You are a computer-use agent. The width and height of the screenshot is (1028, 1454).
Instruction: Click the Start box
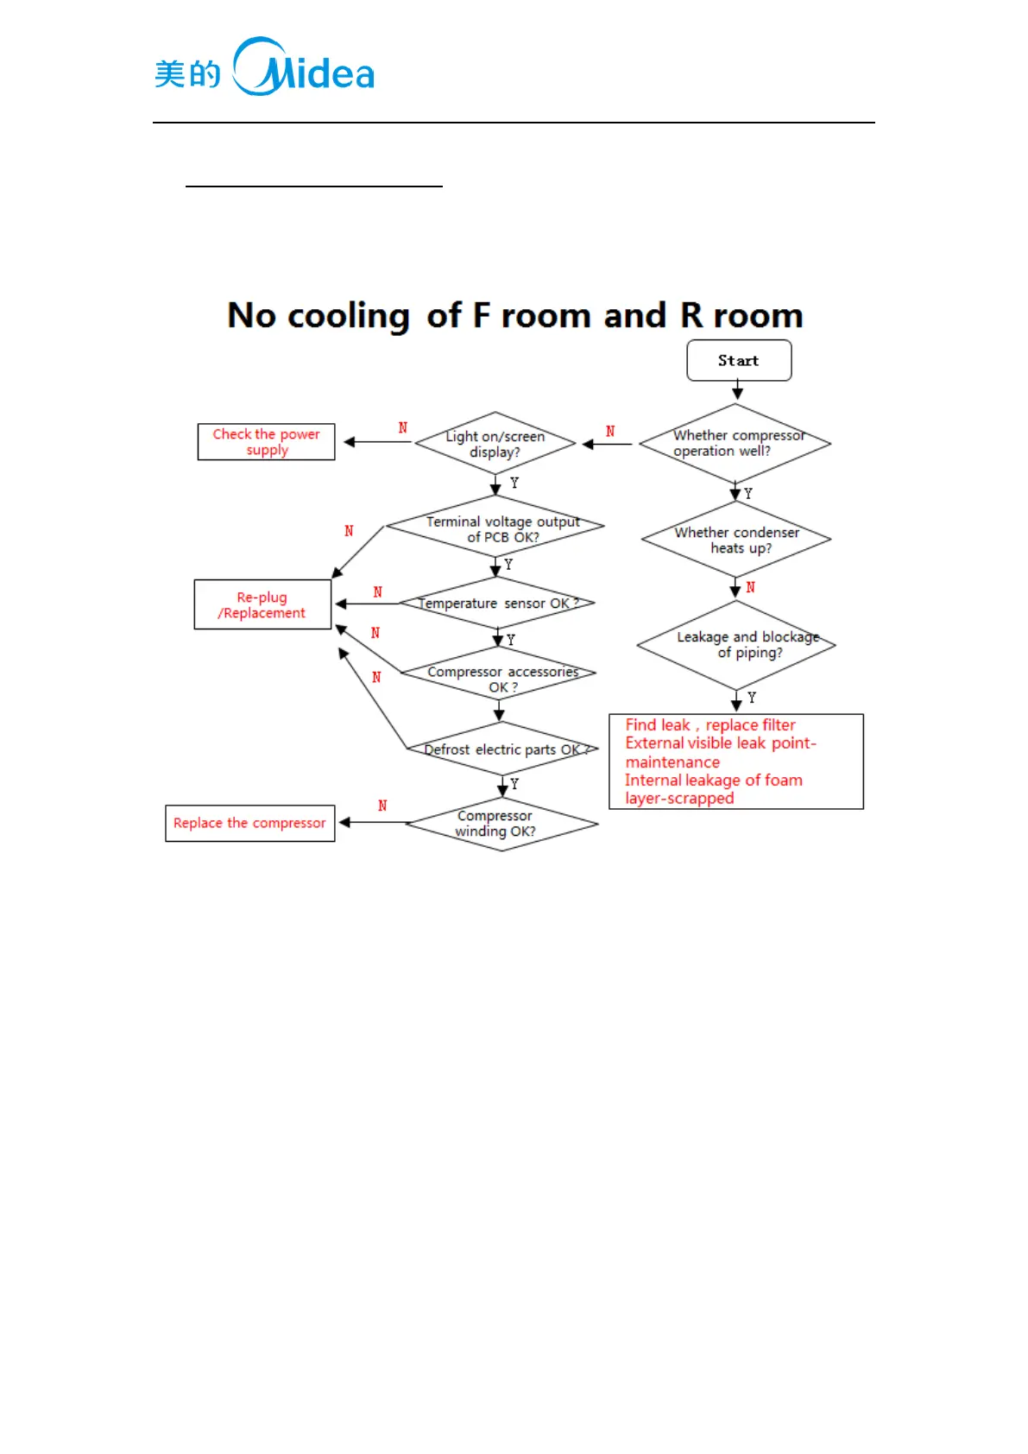click(x=739, y=360)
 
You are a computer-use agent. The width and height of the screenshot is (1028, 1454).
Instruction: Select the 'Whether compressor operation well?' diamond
click(x=735, y=444)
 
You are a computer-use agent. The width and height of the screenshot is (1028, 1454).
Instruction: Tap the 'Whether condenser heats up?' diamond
click(x=736, y=540)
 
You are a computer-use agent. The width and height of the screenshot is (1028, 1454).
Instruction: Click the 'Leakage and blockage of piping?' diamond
click(x=736, y=645)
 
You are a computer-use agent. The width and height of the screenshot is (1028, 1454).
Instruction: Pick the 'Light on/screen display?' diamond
click(x=495, y=444)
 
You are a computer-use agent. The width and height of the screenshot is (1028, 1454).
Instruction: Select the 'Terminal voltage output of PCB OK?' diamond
click(x=495, y=526)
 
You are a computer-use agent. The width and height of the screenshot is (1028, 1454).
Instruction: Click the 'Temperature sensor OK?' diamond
click(x=497, y=603)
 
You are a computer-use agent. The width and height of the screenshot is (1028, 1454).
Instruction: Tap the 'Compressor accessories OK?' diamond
click(x=499, y=673)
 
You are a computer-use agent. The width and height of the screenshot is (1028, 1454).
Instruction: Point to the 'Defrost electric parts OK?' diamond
click(x=502, y=749)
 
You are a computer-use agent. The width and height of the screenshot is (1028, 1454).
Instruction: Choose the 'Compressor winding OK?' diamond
click(x=501, y=824)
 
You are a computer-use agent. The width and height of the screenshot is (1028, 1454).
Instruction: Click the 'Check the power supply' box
click(x=266, y=442)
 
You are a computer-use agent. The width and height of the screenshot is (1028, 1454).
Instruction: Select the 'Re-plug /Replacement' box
click(x=262, y=604)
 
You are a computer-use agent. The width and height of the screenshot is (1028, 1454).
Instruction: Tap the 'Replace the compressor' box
click(x=249, y=823)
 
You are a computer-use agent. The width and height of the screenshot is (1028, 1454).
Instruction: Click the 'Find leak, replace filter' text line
click(x=710, y=725)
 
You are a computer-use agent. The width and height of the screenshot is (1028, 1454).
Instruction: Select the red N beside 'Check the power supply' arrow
click(x=402, y=428)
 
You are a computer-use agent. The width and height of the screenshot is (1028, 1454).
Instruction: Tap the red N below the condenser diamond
click(x=751, y=587)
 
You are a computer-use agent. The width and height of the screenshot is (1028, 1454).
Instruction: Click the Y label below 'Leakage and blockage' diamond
click(x=752, y=698)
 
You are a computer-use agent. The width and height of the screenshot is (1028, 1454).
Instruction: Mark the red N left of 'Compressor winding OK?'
click(x=382, y=806)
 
